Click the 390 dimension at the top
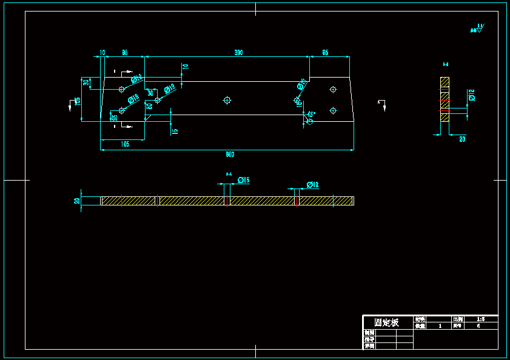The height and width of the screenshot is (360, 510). tap(239, 53)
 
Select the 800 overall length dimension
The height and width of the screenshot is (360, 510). tap(230, 154)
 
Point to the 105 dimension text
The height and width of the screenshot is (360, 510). tap(125, 144)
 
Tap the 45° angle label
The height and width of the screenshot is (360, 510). tap(311, 114)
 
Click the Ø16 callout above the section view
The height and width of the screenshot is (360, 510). tap(244, 180)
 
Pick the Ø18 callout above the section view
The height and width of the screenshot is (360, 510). tap(313, 184)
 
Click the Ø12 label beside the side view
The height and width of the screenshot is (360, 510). tap(471, 95)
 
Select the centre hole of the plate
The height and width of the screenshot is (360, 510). tap(227, 100)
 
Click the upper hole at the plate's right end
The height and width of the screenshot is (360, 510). tap(333, 89)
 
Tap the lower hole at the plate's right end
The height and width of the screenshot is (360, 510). tap(333, 110)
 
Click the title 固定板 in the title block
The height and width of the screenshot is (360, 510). tap(386, 322)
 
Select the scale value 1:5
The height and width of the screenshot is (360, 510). tap(481, 319)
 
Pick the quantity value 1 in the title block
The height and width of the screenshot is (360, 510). tap(440, 326)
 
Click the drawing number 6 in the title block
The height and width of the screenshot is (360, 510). tap(478, 326)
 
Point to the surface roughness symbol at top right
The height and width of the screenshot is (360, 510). tap(477, 28)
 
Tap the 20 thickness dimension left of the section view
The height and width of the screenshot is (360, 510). tap(77, 201)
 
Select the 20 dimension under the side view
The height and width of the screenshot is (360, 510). tap(462, 139)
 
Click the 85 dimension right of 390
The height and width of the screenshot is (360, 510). tap(325, 53)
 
